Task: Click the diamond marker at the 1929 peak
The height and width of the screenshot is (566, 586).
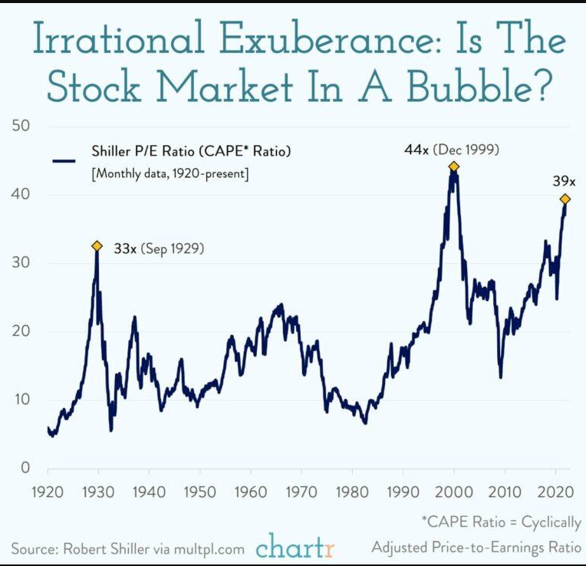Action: [97, 246]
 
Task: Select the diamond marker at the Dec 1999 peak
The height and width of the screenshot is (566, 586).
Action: [453, 166]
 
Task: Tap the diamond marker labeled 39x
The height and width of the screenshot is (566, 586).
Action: [565, 199]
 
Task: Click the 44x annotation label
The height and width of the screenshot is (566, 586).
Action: [416, 150]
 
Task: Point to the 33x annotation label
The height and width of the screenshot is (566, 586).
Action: [125, 248]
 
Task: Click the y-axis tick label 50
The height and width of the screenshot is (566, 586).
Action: [21, 125]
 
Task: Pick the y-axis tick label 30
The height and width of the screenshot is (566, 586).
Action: [21, 262]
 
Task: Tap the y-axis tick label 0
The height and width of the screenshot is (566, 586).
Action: [25, 467]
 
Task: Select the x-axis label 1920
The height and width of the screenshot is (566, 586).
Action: [48, 492]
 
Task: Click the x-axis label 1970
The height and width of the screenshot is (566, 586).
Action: [301, 492]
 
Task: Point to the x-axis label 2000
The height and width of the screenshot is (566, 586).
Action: [454, 492]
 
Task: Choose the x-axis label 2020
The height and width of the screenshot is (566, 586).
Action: [555, 492]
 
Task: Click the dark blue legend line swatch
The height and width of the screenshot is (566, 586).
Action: [64, 161]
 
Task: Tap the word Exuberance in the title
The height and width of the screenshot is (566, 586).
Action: [326, 38]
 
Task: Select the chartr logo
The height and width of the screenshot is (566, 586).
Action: [295, 546]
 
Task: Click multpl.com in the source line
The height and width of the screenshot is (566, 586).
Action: [209, 549]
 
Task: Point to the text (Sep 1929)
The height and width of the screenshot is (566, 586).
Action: [173, 248]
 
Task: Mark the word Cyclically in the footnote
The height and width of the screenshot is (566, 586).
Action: [551, 522]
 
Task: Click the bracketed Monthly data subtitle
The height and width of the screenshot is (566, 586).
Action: [170, 174]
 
